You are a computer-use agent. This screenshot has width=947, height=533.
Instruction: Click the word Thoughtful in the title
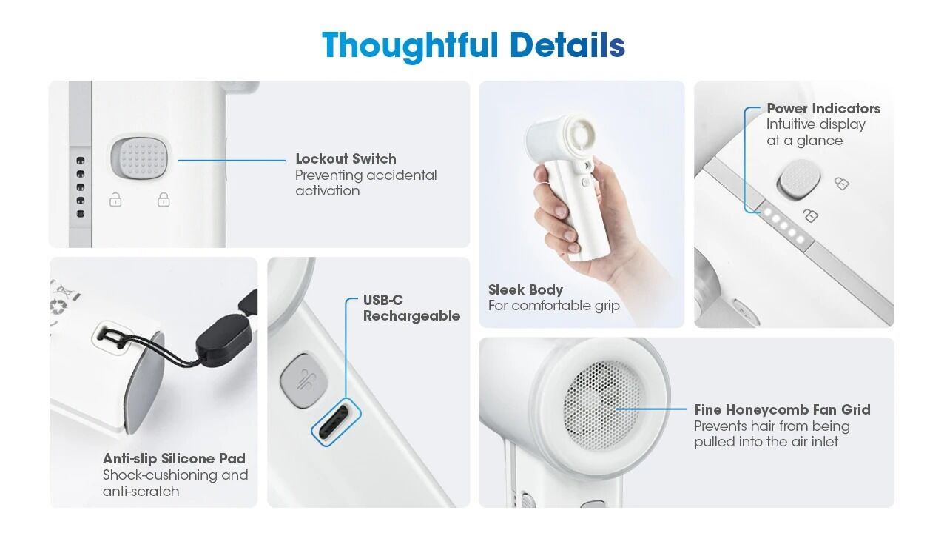click(410, 46)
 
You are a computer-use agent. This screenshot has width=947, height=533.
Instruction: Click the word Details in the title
click(567, 45)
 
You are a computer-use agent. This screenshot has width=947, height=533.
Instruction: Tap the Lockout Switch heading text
click(346, 158)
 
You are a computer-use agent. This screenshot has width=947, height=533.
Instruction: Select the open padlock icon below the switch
click(115, 199)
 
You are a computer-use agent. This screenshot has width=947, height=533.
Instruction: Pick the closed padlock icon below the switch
click(164, 199)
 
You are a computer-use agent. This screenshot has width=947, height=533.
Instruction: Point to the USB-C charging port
click(336, 422)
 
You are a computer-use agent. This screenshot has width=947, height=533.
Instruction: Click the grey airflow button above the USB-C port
click(304, 381)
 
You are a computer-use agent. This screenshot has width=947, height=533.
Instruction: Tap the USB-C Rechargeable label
click(411, 307)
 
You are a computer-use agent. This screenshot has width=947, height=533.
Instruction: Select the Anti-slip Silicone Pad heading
click(174, 458)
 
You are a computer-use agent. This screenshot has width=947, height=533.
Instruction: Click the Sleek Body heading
click(525, 289)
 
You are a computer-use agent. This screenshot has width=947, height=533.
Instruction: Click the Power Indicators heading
click(823, 108)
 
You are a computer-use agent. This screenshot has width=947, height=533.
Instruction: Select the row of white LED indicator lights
click(783, 226)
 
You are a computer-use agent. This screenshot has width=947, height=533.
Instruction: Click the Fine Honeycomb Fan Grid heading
click(782, 409)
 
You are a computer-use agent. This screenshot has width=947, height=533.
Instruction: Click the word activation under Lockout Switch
click(328, 191)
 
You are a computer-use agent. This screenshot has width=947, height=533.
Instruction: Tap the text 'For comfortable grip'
click(554, 306)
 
